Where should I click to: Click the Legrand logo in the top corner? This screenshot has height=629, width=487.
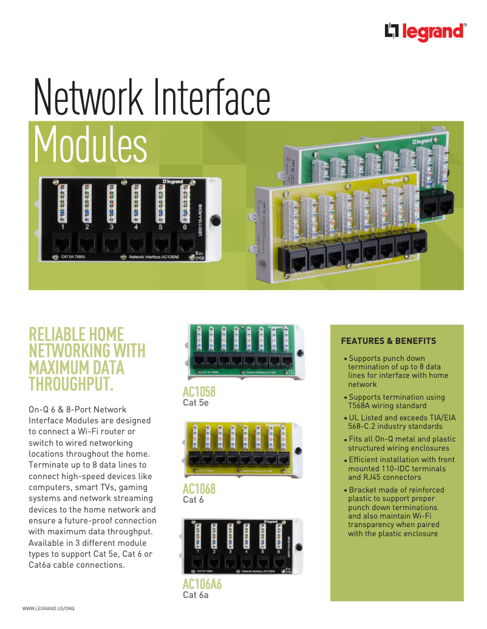[x=425, y=32]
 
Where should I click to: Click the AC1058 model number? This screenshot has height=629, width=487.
[x=199, y=392]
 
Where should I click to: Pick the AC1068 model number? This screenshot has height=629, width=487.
[x=199, y=489]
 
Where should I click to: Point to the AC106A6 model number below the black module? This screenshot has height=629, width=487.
[x=202, y=585]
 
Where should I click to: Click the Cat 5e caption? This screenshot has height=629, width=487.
[x=196, y=402]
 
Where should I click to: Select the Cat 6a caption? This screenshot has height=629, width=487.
[x=196, y=595]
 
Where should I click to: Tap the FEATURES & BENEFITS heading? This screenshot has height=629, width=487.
[x=388, y=341]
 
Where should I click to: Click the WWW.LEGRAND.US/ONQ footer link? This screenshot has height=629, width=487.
[x=48, y=608]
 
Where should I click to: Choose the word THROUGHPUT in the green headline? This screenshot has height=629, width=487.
[x=71, y=383]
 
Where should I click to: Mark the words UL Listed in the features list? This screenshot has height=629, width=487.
[x=366, y=418]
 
